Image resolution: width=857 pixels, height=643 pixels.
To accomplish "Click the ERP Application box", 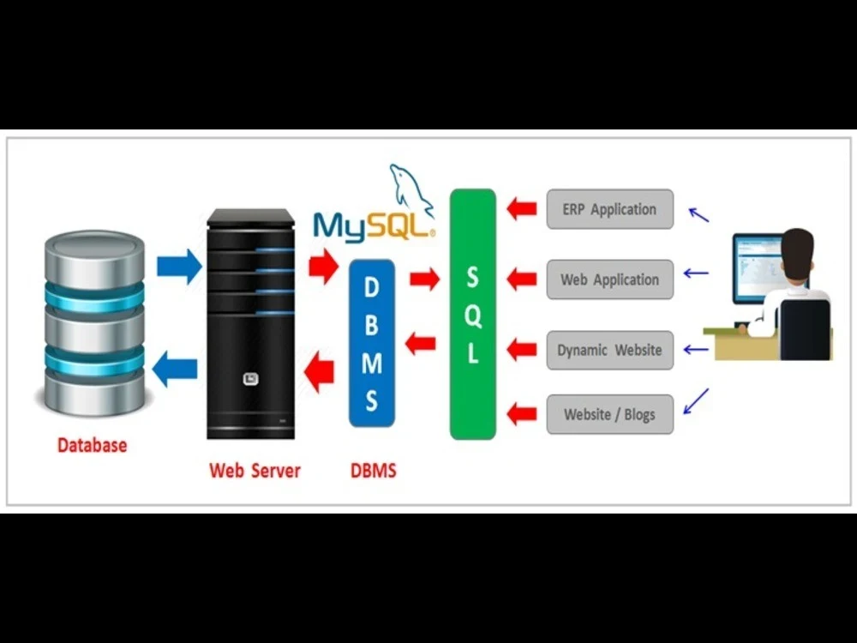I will (x=609, y=209).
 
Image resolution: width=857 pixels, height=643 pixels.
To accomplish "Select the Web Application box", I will (x=609, y=279).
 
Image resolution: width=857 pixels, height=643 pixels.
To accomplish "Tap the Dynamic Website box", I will (x=609, y=350).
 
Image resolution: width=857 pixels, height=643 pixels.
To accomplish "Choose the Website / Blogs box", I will (x=609, y=414).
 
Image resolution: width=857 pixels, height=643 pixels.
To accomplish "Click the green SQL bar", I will (x=473, y=314).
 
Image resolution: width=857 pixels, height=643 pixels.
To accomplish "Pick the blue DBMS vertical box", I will (x=371, y=343).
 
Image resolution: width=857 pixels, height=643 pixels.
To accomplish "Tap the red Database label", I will (x=92, y=445).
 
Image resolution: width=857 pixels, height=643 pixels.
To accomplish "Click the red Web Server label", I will (x=255, y=470).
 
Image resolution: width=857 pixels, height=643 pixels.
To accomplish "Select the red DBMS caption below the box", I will (x=374, y=470).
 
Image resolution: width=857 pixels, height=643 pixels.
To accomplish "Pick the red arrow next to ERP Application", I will (x=521, y=209).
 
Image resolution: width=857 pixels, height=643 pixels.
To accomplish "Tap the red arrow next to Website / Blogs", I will (x=521, y=414).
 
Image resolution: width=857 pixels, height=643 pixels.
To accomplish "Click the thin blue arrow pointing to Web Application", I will (x=696, y=274).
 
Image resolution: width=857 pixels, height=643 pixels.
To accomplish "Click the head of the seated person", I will (x=797, y=250).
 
